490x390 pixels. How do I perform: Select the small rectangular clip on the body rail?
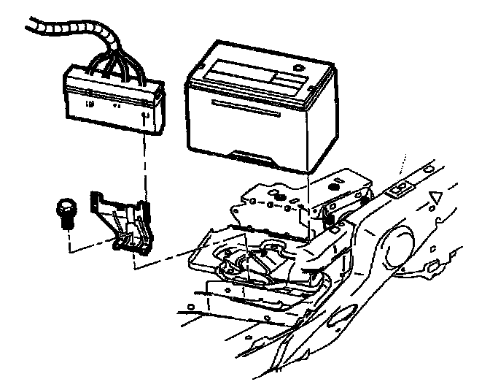pos(399,189)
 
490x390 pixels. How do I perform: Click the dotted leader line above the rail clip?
pos(402,168)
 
